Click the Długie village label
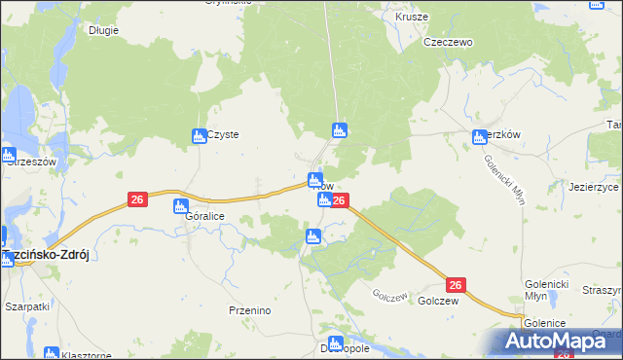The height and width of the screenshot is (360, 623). click(103, 30)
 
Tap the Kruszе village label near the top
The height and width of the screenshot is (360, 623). click(412, 17)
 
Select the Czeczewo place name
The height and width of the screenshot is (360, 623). click(447, 43)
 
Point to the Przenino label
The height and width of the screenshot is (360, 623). click(249, 309)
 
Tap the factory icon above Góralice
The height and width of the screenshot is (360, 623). click(180, 205)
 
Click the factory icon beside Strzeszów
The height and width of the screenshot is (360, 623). click(8, 154)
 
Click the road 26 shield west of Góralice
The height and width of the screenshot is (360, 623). click(137, 199)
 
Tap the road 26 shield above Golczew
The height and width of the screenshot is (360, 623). click(456, 284)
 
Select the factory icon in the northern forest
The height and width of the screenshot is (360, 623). click(339, 129)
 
